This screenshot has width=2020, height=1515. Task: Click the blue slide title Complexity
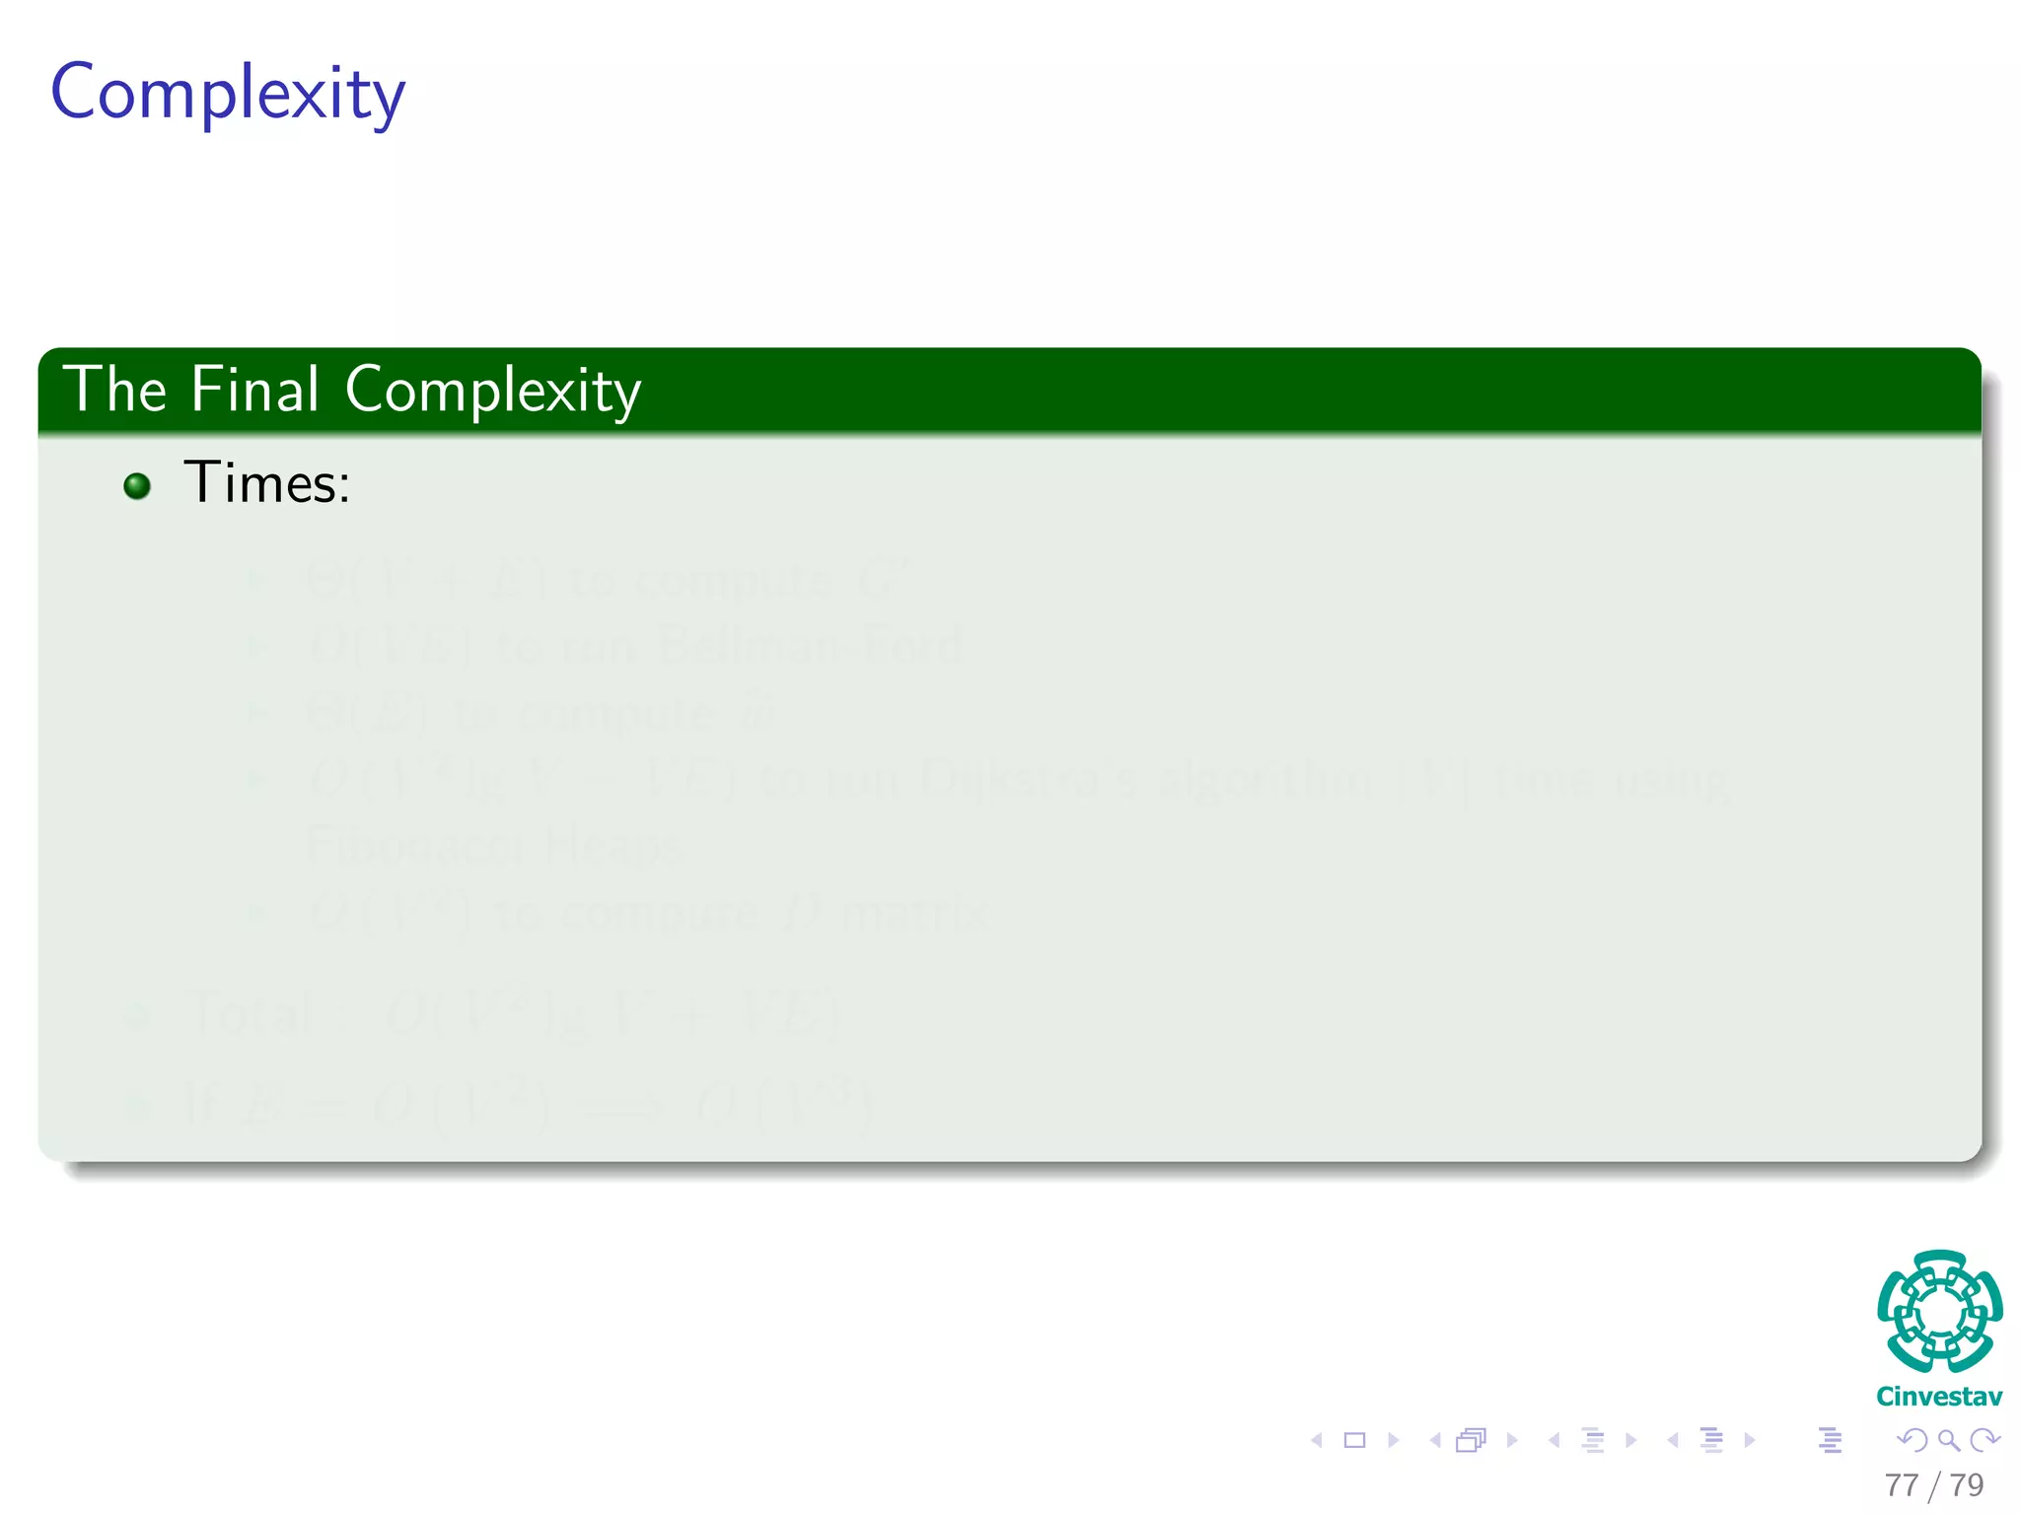228,94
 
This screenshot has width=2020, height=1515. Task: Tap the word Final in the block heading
254,390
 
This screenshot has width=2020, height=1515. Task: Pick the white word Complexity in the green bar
492,392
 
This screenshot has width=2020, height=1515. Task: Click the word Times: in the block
266,483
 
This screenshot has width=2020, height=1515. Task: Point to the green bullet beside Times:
137,485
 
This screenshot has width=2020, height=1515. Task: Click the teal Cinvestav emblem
1939,1311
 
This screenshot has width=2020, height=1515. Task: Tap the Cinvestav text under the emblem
1939,1397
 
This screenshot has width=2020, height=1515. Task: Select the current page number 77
1902,1484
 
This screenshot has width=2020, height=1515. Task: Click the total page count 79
1967,1484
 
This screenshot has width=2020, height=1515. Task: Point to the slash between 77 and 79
1934,1485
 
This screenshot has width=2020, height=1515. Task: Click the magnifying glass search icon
1948,1440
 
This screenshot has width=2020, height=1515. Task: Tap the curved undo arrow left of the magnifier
1912,1440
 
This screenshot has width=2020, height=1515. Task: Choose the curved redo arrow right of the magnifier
1984,1440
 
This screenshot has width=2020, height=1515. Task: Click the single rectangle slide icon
1355,1440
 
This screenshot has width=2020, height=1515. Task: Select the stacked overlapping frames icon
1471,1440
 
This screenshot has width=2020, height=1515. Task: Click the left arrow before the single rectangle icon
1317,1440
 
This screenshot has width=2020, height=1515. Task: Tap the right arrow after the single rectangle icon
1393,1440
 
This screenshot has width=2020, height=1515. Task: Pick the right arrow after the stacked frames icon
1511,1440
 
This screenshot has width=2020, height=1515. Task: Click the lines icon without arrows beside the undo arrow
1830,1440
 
